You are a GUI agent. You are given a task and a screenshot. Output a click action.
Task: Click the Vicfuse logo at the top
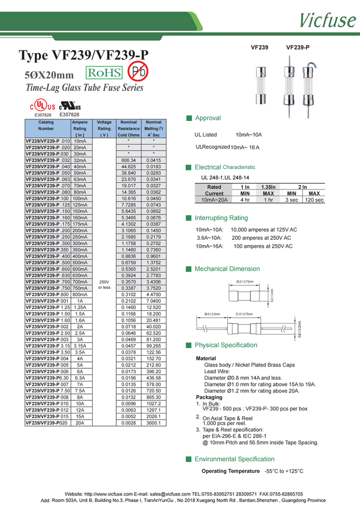[327, 19]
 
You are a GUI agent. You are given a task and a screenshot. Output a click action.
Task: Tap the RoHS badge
[104, 73]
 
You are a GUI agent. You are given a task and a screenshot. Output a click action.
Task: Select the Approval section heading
[207, 118]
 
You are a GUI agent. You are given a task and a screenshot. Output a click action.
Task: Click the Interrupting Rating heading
[221, 218]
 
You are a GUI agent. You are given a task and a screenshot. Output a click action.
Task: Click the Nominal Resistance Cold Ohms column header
[128, 128]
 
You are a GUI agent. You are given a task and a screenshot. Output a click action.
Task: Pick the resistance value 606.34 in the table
[128, 160]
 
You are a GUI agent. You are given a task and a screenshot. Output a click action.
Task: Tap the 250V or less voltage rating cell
[104, 285]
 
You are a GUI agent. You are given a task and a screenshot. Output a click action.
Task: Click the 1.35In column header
[268, 187]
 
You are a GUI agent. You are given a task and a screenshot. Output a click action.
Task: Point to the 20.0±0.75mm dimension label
[245, 282]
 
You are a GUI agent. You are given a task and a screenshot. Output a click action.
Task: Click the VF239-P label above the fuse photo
[297, 47]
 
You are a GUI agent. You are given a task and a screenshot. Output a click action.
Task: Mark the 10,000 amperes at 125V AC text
[264, 230]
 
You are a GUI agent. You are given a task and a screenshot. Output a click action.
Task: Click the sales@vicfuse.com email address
[169, 494]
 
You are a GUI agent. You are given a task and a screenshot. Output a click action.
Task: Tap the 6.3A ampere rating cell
[80, 378]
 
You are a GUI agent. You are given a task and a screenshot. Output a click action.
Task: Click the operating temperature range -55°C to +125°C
[284, 471]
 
